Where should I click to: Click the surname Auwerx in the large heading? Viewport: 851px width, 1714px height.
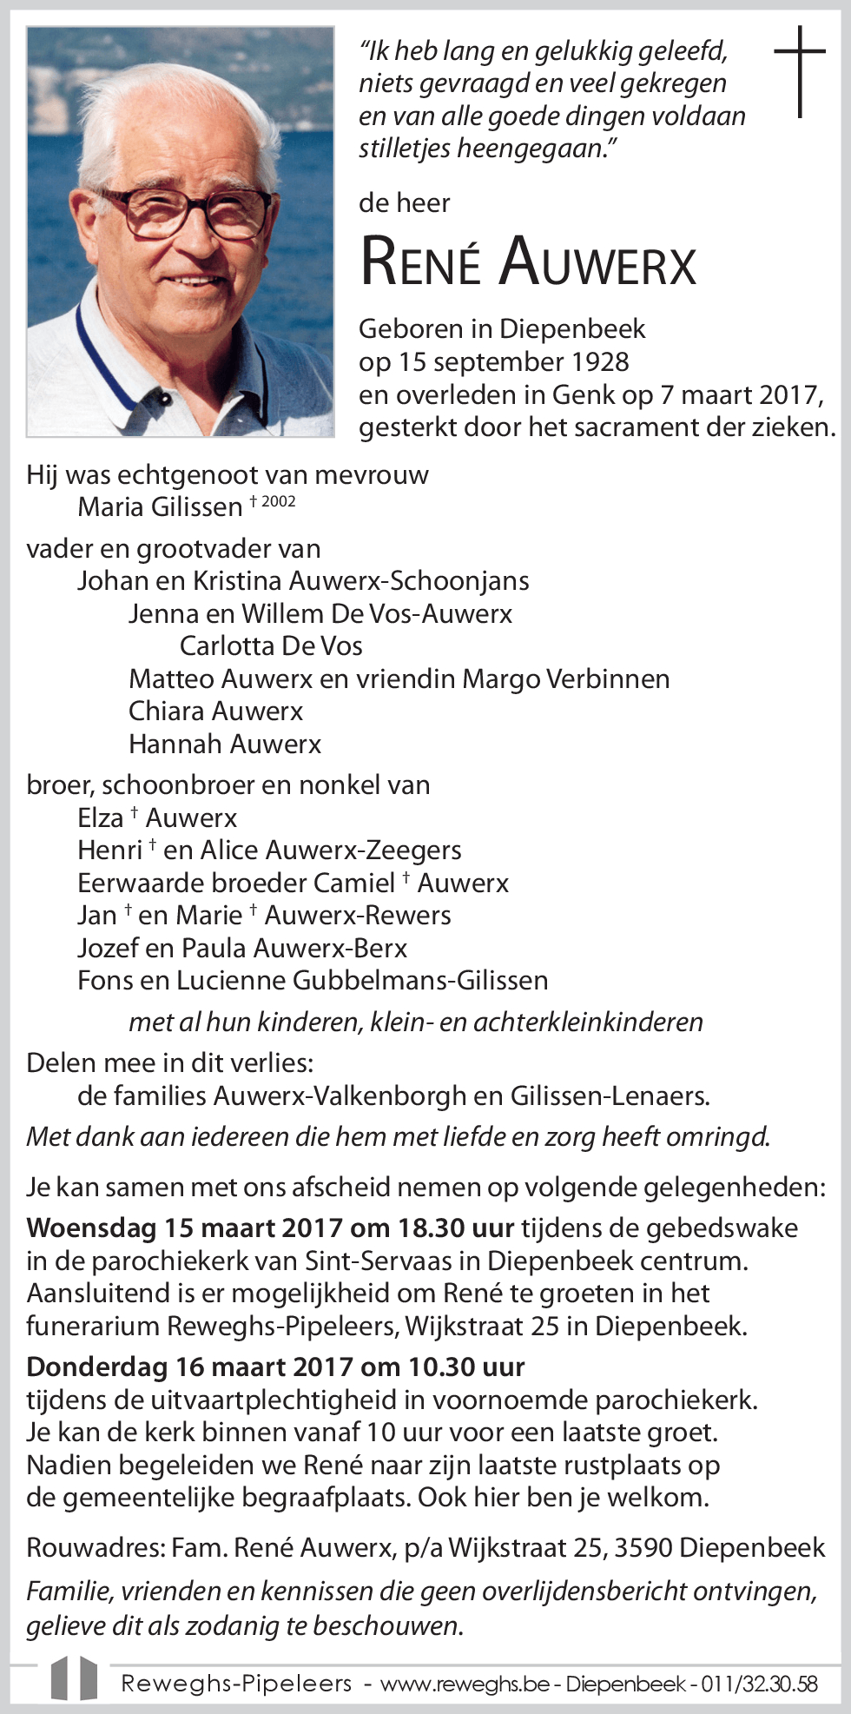[598, 261]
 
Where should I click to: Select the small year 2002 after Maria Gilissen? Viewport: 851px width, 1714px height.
[278, 501]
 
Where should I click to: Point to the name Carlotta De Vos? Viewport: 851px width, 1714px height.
[271, 646]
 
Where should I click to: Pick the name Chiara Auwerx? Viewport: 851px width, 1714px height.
[215, 711]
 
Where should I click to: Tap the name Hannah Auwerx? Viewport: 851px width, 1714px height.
[225, 744]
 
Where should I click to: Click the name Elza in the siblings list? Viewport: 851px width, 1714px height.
[101, 818]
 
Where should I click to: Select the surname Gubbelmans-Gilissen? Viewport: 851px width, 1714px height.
[420, 981]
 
